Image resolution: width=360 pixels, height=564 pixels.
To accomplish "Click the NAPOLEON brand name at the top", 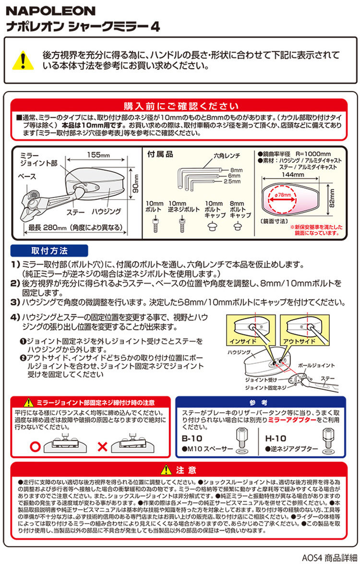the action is (x=50, y=11).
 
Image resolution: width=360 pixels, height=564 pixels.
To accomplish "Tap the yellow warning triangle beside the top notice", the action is (x=23, y=60).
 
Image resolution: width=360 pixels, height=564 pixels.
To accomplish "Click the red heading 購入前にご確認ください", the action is (x=181, y=106).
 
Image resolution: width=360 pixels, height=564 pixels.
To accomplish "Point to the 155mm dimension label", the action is (x=98, y=155).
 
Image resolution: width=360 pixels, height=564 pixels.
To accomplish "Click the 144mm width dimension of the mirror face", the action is (x=293, y=174).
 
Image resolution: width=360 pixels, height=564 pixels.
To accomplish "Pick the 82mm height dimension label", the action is (x=332, y=198).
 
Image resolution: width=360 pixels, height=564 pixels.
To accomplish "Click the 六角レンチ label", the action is (x=227, y=156).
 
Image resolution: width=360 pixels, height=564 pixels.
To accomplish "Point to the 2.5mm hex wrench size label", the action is (x=232, y=181).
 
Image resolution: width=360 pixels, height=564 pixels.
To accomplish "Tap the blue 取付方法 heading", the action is (x=49, y=251).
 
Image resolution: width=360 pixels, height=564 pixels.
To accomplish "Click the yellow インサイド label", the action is (x=243, y=341).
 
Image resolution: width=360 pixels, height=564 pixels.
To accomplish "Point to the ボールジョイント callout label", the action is (x=316, y=365).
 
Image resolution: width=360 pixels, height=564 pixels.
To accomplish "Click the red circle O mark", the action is (x=35, y=447).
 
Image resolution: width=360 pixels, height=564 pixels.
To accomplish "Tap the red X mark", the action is (x=103, y=447).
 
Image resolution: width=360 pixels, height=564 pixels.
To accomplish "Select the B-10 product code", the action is (x=192, y=438).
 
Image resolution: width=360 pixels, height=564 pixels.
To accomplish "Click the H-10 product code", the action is (x=276, y=438).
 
